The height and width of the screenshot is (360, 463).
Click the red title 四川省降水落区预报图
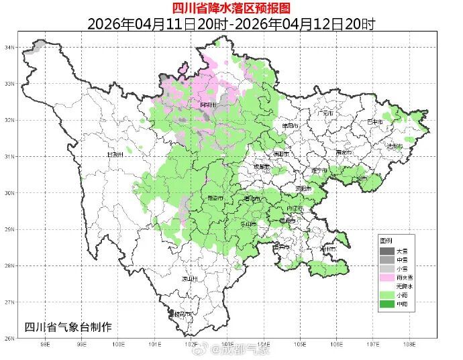click(x=231, y=8)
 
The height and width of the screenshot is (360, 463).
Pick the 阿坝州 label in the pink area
click(x=209, y=105)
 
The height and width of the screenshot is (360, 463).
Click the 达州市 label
click(x=394, y=145)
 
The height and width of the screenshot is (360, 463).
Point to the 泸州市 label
click(x=328, y=249)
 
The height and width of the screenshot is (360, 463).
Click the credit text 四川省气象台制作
click(x=68, y=326)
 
